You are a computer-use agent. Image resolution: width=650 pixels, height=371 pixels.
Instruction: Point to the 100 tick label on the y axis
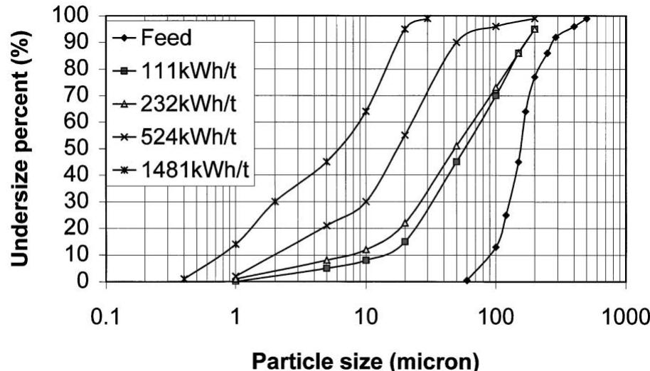72,15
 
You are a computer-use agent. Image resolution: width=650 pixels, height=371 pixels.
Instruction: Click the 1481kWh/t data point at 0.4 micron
184,279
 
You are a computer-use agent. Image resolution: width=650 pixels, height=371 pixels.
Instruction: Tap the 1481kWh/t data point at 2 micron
275,201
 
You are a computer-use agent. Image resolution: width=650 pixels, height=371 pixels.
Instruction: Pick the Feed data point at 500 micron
587,18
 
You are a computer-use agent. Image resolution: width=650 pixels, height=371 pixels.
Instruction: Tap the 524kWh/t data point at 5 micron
326,225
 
